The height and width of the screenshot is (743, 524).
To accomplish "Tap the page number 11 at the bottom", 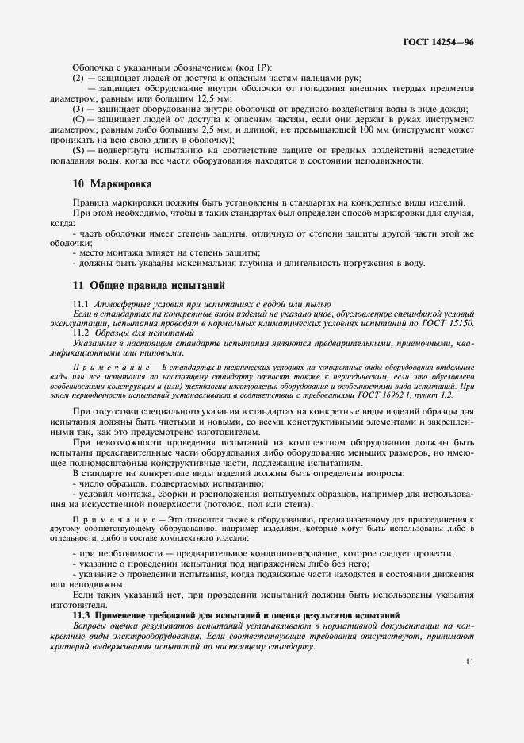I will (x=470, y=660).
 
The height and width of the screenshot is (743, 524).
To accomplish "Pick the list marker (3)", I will (x=78, y=109).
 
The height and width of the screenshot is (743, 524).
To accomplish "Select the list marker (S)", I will (x=78, y=150).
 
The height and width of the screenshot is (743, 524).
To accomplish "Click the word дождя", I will (x=454, y=109).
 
